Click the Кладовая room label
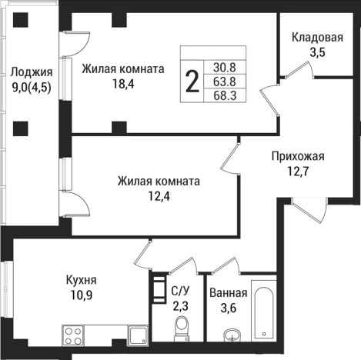[x=316, y=38]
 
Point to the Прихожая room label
[x=298, y=156]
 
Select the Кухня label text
[x=81, y=280]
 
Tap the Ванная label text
[x=228, y=293]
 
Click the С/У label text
[x=179, y=291]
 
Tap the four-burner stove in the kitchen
[x=73, y=335]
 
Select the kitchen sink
[x=139, y=335]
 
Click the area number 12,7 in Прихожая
[x=298, y=171]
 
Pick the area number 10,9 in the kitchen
[x=81, y=295]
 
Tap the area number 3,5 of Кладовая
[x=316, y=52]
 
